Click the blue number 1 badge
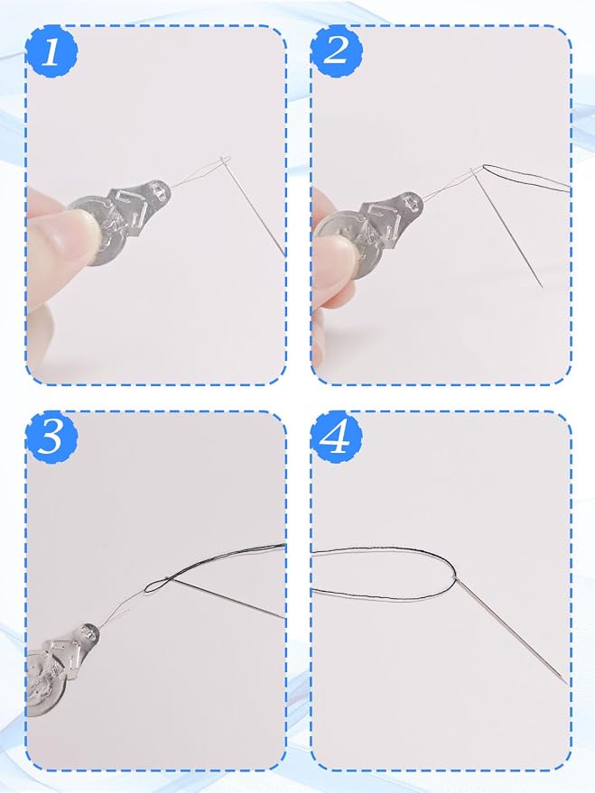pyautogui.click(x=51, y=52)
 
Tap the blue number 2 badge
pyautogui.click(x=337, y=51)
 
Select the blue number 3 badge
pyautogui.click(x=51, y=437)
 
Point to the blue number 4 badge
pyautogui.click(x=336, y=437)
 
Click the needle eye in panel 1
pyautogui.click(x=225, y=161)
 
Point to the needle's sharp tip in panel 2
pyautogui.click(x=542, y=286)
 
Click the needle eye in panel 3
pyautogui.click(x=167, y=579)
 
